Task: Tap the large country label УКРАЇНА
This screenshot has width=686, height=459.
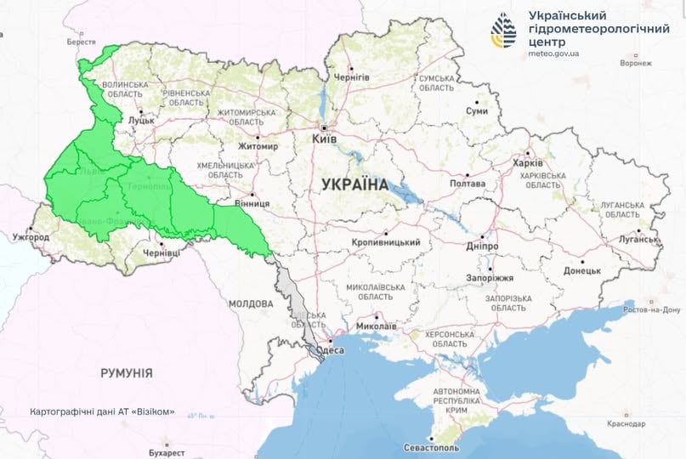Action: (355, 184)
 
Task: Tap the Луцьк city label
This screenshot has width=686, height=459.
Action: (140, 121)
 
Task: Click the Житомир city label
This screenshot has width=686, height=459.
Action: (259, 146)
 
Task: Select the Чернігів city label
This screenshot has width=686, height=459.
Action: (351, 77)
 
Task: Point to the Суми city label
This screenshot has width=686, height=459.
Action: (477, 111)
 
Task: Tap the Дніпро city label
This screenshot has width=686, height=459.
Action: (481, 246)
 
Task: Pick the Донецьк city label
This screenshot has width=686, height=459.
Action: (581, 271)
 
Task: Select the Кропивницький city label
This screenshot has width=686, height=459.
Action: (386, 242)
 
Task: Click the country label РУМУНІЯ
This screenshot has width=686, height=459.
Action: (126, 372)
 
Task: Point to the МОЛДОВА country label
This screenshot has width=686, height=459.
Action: (250, 303)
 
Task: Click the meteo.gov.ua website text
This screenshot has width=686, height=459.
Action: (553, 53)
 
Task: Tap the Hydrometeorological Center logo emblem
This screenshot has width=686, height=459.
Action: (503, 30)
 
